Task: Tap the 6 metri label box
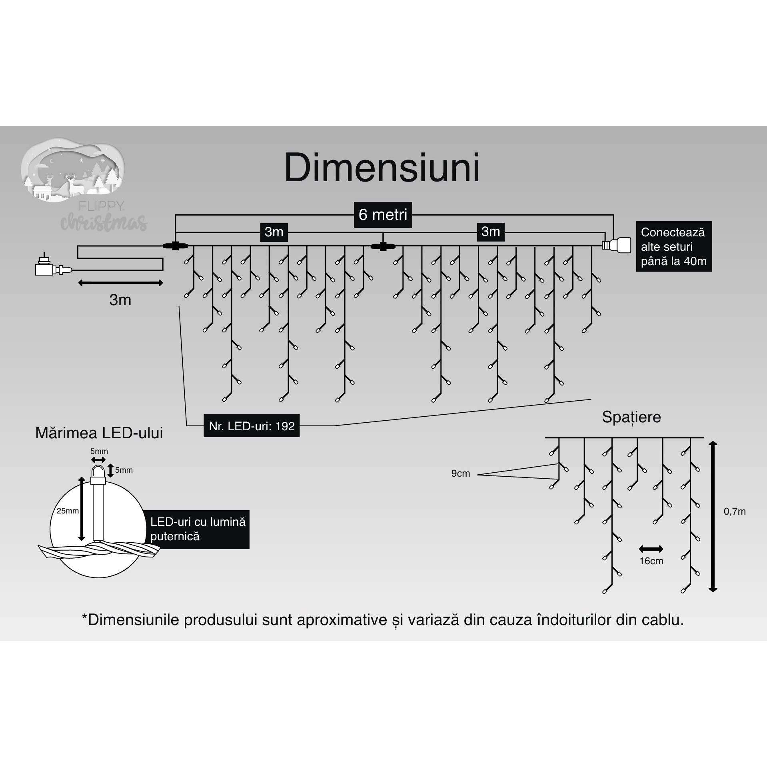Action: (383, 215)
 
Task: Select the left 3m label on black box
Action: (274, 232)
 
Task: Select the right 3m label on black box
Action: (490, 232)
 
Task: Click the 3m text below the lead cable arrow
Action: (120, 300)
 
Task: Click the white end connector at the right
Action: (618, 245)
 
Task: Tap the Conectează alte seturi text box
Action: (673, 247)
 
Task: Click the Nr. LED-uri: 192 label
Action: (252, 426)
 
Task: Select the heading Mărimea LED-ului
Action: (99, 433)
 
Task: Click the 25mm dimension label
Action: (68, 511)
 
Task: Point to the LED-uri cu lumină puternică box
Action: (198, 529)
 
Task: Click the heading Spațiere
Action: (631, 417)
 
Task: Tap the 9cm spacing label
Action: (460, 473)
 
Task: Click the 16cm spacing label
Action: (651, 561)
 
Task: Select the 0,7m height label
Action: (735, 511)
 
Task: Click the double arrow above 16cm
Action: (651, 549)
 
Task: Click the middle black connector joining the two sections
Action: (383, 246)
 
